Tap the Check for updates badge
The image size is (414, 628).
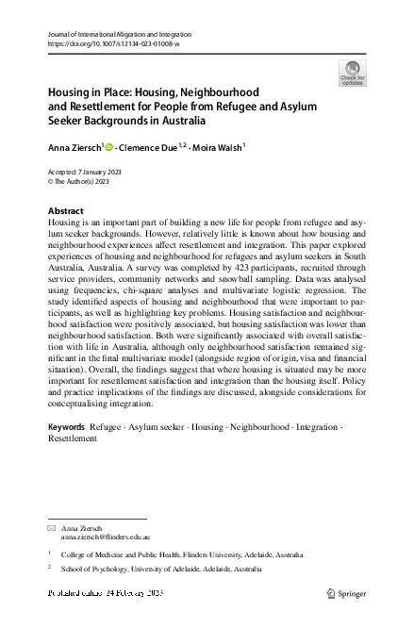[x=352, y=73]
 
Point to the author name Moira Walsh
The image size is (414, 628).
[x=218, y=147]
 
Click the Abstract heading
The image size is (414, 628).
[x=65, y=210]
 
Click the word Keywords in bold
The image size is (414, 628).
[x=66, y=427]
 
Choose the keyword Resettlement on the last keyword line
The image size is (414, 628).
[x=72, y=438]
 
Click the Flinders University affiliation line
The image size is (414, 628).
[x=182, y=555]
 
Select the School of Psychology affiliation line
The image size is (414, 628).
[x=161, y=570]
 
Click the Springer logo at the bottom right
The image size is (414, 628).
[x=347, y=593]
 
